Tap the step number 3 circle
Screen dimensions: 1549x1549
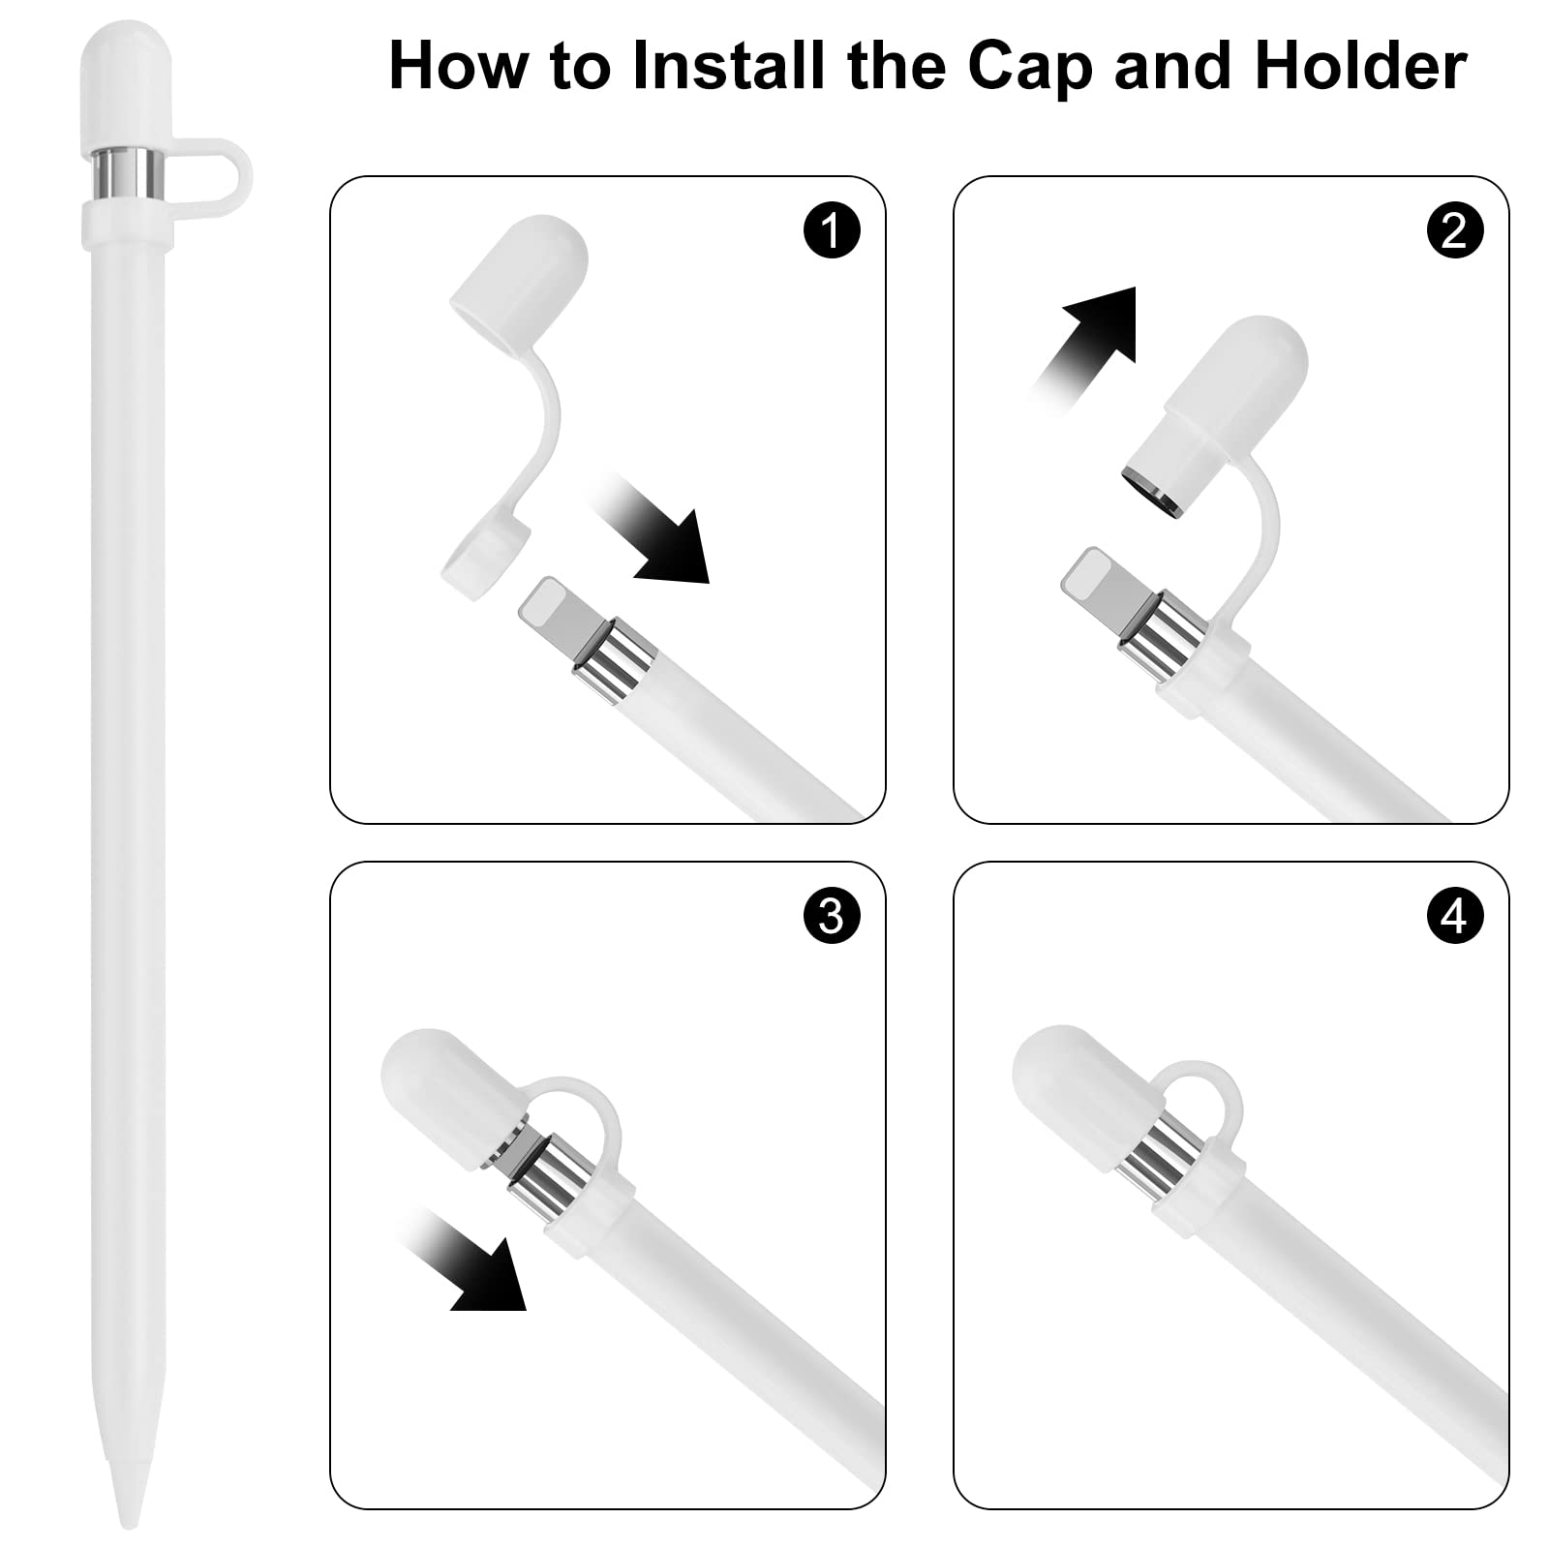tap(832, 915)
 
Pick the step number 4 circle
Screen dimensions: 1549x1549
tap(1454, 915)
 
